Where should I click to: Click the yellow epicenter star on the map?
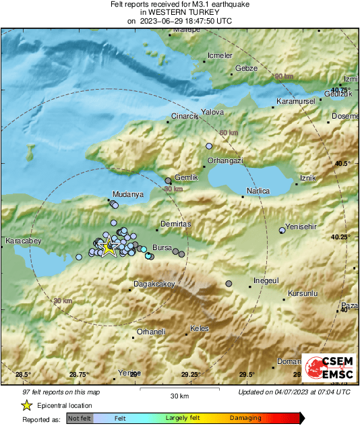point(108,247)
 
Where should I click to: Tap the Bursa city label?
point(163,247)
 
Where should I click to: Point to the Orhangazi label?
point(225,160)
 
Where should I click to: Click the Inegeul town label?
point(266,280)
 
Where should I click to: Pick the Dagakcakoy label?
point(155,284)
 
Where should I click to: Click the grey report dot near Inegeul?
point(229,284)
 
